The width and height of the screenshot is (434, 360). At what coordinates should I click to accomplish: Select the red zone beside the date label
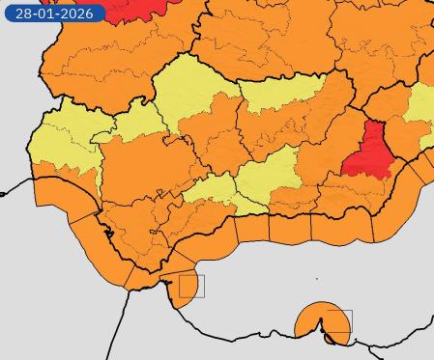(130, 8)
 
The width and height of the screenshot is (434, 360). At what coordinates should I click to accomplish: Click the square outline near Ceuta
(191, 286)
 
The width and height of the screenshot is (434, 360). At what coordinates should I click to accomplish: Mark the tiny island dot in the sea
(317, 280)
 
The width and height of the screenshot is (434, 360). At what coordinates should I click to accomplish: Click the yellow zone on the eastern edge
(421, 106)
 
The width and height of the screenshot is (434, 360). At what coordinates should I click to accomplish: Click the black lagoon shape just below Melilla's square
(333, 339)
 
